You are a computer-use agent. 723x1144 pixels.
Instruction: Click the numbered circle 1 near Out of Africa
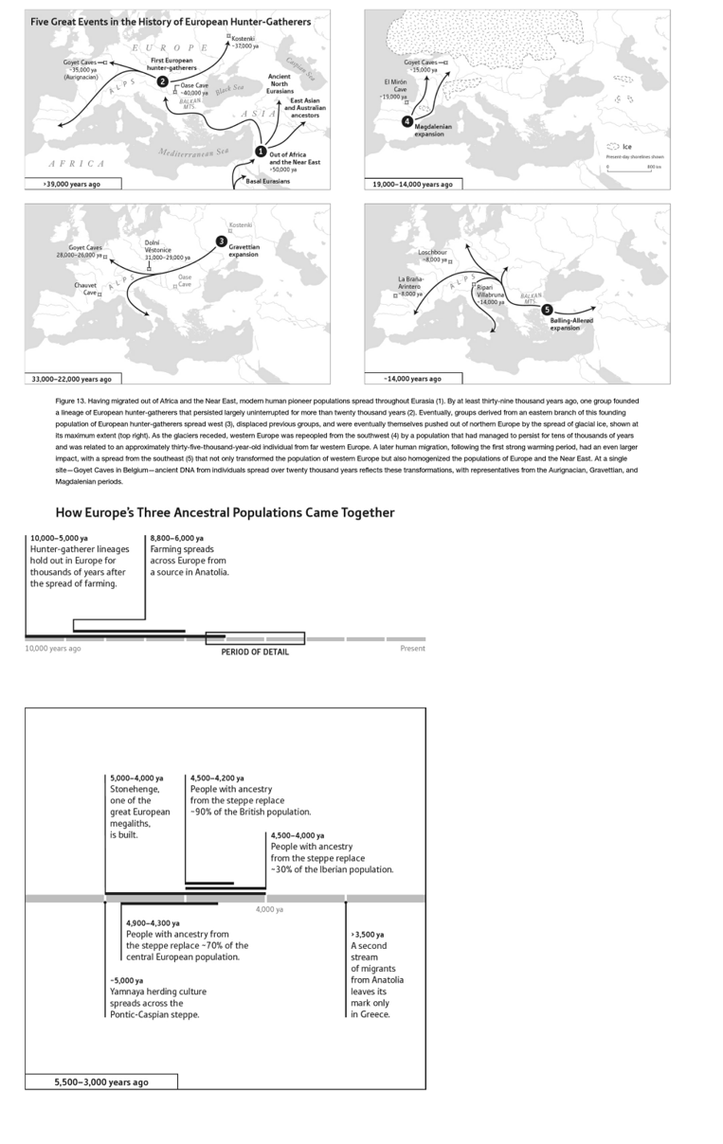tap(261, 151)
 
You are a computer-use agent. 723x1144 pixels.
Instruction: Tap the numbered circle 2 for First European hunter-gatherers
tap(163, 82)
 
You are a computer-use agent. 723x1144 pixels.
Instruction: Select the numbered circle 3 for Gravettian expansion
tap(221, 241)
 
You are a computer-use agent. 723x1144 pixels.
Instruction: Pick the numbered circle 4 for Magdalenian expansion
tap(407, 121)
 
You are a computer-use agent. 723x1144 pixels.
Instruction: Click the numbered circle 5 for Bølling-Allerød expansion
tap(547, 310)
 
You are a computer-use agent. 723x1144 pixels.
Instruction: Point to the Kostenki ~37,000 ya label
tap(244, 42)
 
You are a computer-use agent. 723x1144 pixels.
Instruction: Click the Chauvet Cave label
tap(85, 289)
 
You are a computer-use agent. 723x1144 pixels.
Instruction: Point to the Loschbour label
tap(432, 256)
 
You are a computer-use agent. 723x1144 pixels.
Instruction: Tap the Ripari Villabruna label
tap(491, 294)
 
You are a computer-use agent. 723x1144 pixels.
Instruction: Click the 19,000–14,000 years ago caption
tap(418, 184)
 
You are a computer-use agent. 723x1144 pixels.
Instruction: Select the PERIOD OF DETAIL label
tap(255, 652)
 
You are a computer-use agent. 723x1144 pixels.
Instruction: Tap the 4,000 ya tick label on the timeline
tap(269, 909)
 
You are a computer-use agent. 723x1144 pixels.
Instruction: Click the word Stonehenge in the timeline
tap(135, 788)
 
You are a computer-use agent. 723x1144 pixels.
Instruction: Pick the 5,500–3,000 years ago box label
tap(100, 1081)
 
